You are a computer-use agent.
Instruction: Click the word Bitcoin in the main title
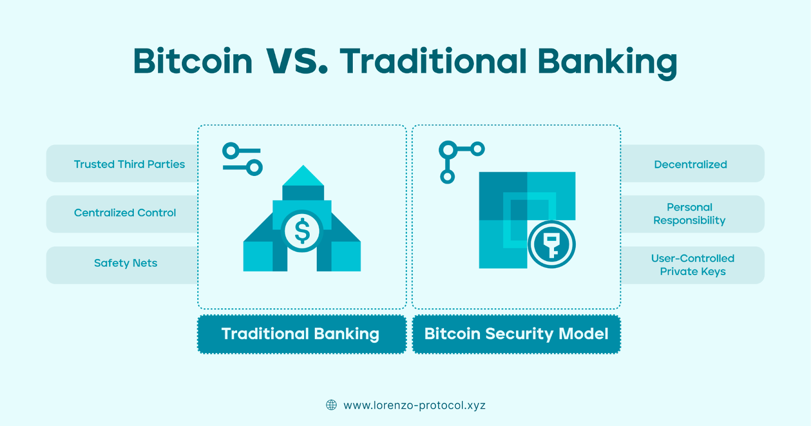193,61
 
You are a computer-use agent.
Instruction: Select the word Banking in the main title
608,63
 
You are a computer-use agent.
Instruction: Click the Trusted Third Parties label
129,164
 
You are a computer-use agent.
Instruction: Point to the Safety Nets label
126,263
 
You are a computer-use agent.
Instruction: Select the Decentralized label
690,164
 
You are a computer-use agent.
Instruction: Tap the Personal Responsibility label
689,214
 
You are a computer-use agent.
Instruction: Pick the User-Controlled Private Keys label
692,265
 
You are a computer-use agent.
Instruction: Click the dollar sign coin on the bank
302,231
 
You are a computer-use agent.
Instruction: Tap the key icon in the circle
551,244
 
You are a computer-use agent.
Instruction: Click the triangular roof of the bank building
303,175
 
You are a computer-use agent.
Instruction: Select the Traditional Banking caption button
302,334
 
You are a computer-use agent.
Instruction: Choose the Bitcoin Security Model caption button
517,334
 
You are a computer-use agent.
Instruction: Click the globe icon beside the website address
331,405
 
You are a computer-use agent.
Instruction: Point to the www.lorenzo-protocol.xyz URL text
415,405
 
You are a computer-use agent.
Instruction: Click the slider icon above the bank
242,159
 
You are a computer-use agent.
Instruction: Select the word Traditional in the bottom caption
264,334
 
